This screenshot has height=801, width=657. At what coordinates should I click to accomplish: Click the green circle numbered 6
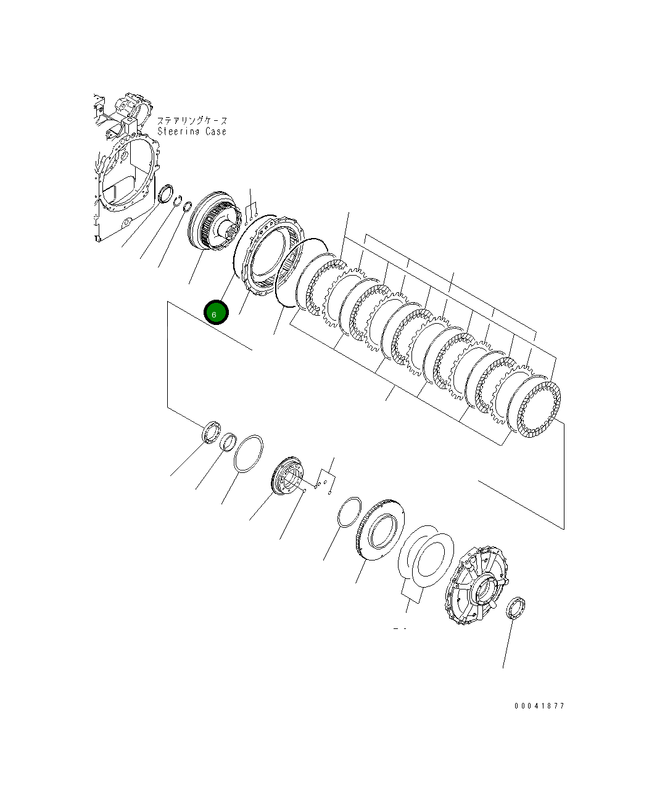pos(216,313)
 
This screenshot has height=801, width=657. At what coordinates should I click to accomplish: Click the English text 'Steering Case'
pos(192,131)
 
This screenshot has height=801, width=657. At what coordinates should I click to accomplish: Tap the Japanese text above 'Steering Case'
pos(192,121)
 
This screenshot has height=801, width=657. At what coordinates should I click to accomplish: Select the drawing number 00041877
pos(539,706)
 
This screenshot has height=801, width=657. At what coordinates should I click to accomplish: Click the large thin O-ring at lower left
pos(249,453)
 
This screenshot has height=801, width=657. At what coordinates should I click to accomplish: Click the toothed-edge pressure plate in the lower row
pos(380,530)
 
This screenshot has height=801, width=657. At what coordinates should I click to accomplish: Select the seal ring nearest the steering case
pos(166,194)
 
